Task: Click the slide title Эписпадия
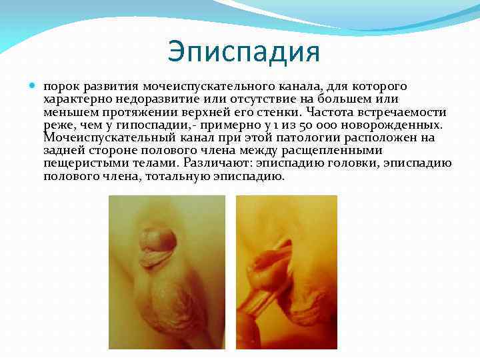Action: coord(244,51)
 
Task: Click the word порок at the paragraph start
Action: coord(61,87)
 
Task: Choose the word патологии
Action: coord(313,137)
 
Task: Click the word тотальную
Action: coord(183,176)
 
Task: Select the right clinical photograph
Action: coord(287,272)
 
